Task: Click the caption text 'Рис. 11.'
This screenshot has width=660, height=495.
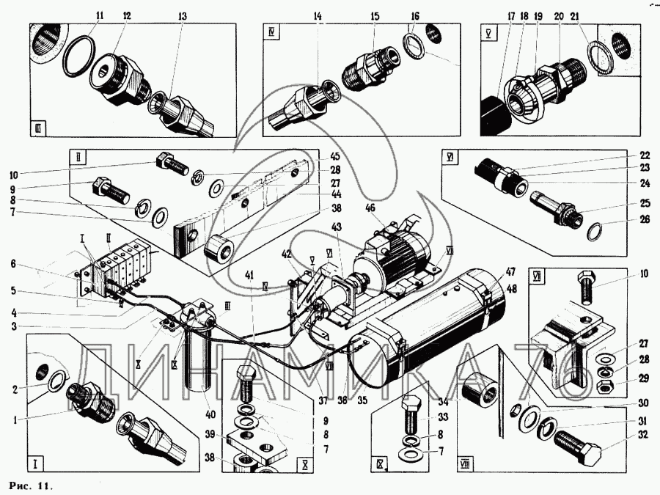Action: pyautogui.click(x=32, y=485)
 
